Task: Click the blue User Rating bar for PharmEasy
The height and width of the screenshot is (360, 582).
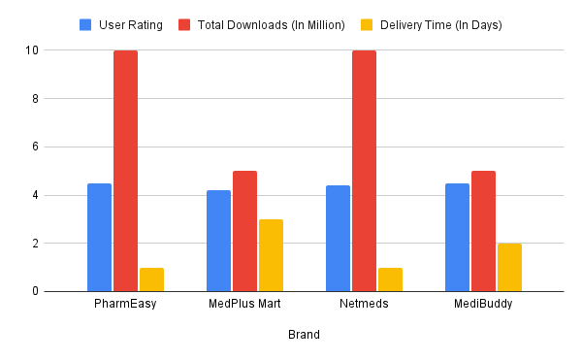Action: (99, 237)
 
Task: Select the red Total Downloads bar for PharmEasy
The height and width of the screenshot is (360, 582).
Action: (125, 171)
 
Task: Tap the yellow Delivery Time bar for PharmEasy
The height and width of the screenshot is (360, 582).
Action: (151, 279)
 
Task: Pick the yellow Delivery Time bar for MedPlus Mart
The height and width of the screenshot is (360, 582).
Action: (271, 255)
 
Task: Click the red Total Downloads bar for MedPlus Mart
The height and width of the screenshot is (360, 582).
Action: (244, 231)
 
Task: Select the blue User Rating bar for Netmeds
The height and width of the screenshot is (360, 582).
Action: (338, 238)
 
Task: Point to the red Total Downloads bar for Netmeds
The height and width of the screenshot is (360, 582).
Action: (364, 171)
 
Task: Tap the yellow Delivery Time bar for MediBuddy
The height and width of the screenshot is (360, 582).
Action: (509, 267)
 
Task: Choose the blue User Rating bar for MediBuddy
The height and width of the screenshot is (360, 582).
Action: (457, 237)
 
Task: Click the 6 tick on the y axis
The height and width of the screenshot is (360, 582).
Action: (36, 147)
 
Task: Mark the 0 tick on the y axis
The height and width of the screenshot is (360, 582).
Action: (36, 291)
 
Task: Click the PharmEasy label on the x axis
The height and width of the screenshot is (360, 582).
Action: (125, 304)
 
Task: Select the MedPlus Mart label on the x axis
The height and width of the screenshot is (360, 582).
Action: (244, 304)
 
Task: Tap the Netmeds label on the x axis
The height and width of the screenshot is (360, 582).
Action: (364, 304)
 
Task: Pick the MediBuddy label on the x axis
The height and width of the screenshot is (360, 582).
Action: (483, 304)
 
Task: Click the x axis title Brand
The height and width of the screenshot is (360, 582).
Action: (304, 335)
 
